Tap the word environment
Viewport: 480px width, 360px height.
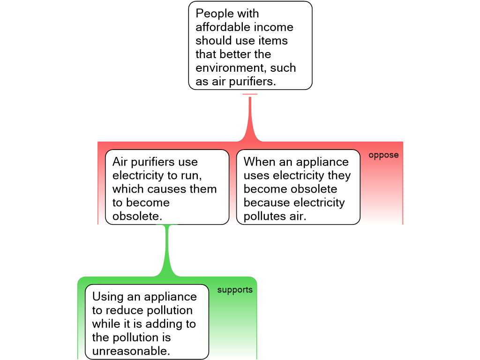tap(228, 68)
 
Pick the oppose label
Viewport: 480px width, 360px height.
tap(383, 155)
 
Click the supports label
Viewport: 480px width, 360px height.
tap(235, 290)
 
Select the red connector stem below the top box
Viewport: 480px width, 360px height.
tap(250, 117)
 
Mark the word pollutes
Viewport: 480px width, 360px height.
tap(264, 217)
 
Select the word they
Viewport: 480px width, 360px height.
tap(340, 176)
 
